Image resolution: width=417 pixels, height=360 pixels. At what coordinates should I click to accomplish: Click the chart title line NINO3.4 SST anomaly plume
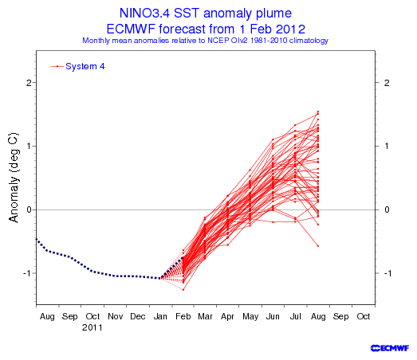tap(206, 13)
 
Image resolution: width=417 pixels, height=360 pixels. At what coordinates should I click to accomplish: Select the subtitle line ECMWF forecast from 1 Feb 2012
tap(206, 29)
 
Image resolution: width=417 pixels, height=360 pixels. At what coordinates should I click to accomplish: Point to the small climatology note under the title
tap(205, 41)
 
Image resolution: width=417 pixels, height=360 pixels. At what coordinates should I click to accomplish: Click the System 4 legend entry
tap(78, 66)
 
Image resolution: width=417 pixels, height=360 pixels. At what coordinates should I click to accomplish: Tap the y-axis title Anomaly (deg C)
tap(14, 178)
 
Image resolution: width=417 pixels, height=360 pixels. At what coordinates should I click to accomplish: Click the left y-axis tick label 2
tap(29, 83)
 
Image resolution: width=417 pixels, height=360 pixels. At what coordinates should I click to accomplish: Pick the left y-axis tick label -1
tap(27, 273)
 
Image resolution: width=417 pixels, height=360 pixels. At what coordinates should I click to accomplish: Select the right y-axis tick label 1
tap(387, 146)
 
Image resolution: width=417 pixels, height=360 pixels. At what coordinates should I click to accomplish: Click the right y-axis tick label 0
tap(387, 210)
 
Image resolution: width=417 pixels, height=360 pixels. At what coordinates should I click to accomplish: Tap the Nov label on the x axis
tap(115, 316)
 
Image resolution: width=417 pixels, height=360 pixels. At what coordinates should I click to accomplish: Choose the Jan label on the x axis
tap(160, 316)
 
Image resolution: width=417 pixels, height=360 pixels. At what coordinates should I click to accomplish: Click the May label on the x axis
tap(250, 317)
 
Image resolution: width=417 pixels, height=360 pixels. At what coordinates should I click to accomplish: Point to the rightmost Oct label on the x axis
tap(364, 316)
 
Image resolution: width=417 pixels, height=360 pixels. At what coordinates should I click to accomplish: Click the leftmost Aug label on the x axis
tap(47, 317)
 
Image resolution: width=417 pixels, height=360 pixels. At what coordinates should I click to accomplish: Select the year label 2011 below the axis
tap(92, 327)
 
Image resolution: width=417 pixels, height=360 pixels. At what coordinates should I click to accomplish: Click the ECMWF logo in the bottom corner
tap(390, 348)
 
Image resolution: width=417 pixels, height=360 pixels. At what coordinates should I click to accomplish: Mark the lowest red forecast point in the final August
tap(318, 246)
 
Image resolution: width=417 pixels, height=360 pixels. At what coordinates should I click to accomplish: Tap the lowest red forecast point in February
tap(183, 290)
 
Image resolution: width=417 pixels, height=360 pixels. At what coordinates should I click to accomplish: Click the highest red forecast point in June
tap(273, 139)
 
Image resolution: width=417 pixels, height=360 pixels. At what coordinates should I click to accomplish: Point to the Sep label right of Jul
tap(340, 317)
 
